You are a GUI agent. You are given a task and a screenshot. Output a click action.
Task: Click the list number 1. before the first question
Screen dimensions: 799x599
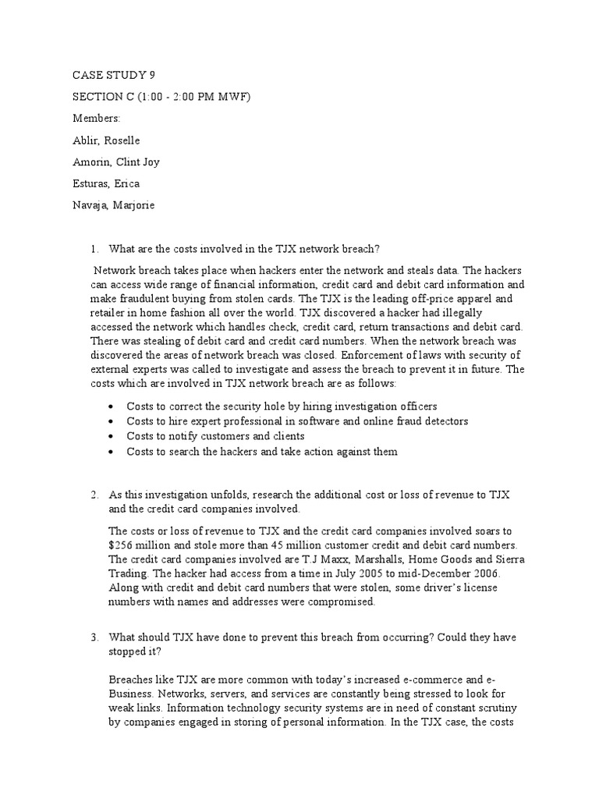click(x=94, y=250)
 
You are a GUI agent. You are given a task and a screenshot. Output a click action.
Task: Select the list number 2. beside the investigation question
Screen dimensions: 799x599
click(x=94, y=495)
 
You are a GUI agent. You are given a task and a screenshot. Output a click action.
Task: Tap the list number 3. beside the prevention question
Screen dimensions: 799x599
click(x=94, y=637)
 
